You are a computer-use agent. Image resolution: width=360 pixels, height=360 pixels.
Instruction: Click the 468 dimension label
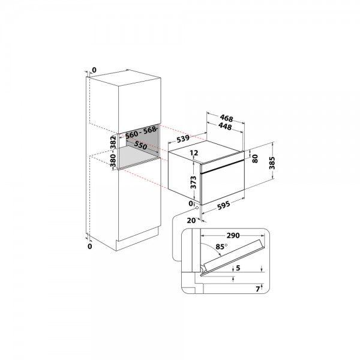[226, 118]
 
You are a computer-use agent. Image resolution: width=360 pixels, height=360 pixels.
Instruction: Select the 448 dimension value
[225, 126]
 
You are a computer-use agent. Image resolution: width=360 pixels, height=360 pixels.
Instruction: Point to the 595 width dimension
[223, 205]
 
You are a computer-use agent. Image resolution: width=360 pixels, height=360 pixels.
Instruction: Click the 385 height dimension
[272, 163]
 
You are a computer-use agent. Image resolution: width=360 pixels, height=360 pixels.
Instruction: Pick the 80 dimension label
[255, 158]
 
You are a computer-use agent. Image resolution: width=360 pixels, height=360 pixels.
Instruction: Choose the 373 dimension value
[194, 182]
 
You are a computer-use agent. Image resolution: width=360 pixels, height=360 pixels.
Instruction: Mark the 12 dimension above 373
[194, 152]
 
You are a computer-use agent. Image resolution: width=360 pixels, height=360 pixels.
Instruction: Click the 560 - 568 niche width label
[140, 133]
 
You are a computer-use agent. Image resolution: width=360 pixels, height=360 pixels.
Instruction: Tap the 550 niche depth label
[140, 145]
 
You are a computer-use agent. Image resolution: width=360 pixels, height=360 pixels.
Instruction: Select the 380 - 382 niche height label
[113, 152]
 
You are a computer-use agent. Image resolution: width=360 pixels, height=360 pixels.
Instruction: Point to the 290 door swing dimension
[233, 236]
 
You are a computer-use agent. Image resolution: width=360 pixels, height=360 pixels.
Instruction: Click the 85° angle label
[221, 247]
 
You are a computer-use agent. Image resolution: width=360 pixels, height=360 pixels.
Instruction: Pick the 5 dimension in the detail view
[238, 268]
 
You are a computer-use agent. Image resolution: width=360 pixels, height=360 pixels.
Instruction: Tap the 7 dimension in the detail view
[258, 289]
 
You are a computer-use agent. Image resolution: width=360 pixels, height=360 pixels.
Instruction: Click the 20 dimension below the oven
[191, 220]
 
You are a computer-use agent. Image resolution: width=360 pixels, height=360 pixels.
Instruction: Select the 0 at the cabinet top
[94, 70]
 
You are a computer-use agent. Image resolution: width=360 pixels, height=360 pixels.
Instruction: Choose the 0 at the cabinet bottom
[90, 246]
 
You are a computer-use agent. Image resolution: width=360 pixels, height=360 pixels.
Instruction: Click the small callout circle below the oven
[197, 208]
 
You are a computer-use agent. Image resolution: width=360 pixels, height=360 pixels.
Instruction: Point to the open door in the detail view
[232, 257]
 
